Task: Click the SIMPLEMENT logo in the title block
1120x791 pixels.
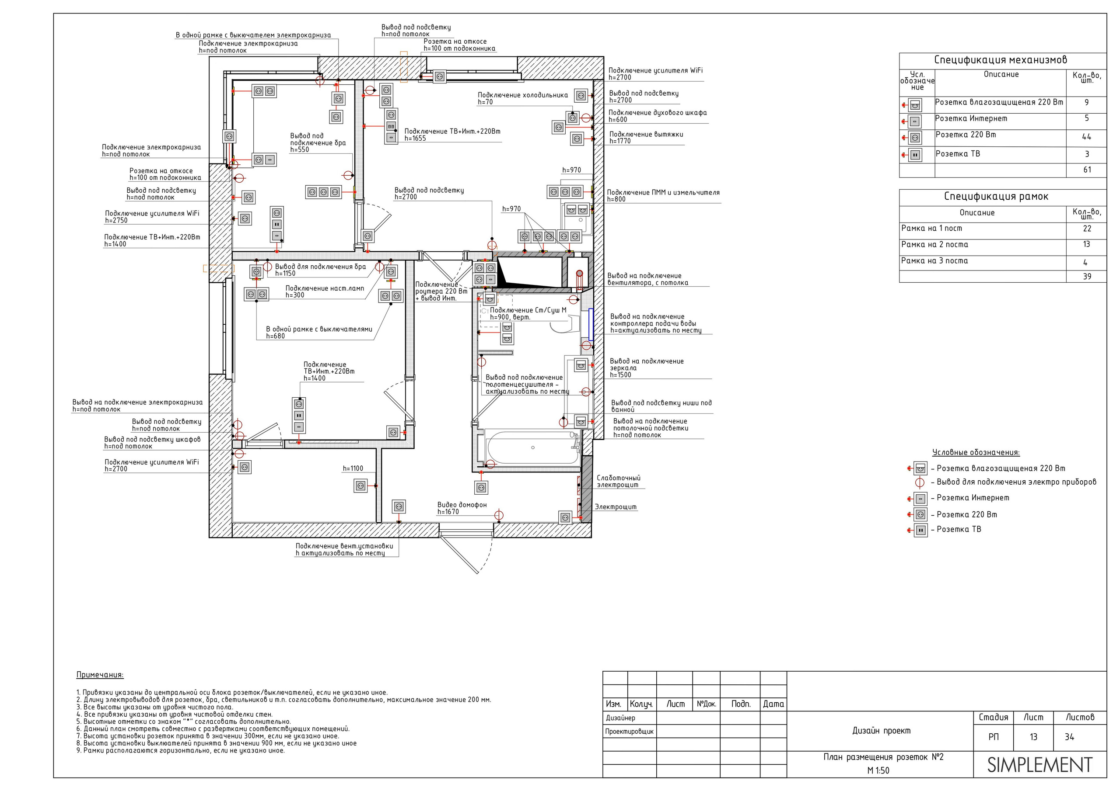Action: pyautogui.click(x=1039, y=765)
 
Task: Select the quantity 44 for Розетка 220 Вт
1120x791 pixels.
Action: pyautogui.click(x=1086, y=137)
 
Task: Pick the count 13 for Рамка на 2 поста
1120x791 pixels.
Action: pyautogui.click(x=1086, y=244)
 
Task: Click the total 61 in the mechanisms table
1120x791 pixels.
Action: pyautogui.click(x=1087, y=170)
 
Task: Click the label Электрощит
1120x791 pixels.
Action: pyautogui.click(x=616, y=507)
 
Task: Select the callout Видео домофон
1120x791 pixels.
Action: pyautogui.click(x=462, y=505)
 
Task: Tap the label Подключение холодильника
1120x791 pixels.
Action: pyautogui.click(x=522, y=95)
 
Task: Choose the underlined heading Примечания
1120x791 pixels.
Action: pyautogui.click(x=100, y=675)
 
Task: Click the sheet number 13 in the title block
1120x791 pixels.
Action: pyautogui.click(x=1033, y=737)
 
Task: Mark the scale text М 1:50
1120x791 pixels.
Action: pyautogui.click(x=878, y=770)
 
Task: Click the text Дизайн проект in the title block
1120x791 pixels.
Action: pyautogui.click(x=881, y=731)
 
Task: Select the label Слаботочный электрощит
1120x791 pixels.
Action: pyautogui.click(x=619, y=482)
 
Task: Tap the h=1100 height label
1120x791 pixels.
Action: pyautogui.click(x=353, y=468)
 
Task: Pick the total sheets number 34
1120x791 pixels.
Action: pyautogui.click(x=1069, y=737)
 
